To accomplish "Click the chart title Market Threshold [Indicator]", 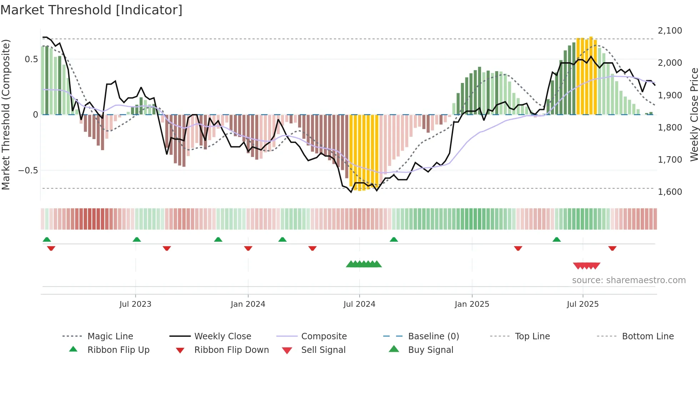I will (x=91, y=10).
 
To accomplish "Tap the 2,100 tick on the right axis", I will (x=670, y=31).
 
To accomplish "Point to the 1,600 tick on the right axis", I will (x=670, y=192).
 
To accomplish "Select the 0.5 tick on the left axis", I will (x=31, y=59).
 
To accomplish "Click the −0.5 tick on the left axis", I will (x=28, y=171).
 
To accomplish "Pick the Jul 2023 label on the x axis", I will (x=135, y=304).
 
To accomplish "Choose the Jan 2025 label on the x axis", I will (x=472, y=304).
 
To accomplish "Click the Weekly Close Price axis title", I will (x=694, y=114).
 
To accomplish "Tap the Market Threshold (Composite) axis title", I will (x=6, y=114).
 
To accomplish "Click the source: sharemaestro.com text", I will (x=629, y=280).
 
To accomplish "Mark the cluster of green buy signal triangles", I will (x=364, y=264).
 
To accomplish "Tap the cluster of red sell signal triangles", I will (x=586, y=266).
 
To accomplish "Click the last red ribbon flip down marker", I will (x=612, y=248).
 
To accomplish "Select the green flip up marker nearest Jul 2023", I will (x=136, y=240).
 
